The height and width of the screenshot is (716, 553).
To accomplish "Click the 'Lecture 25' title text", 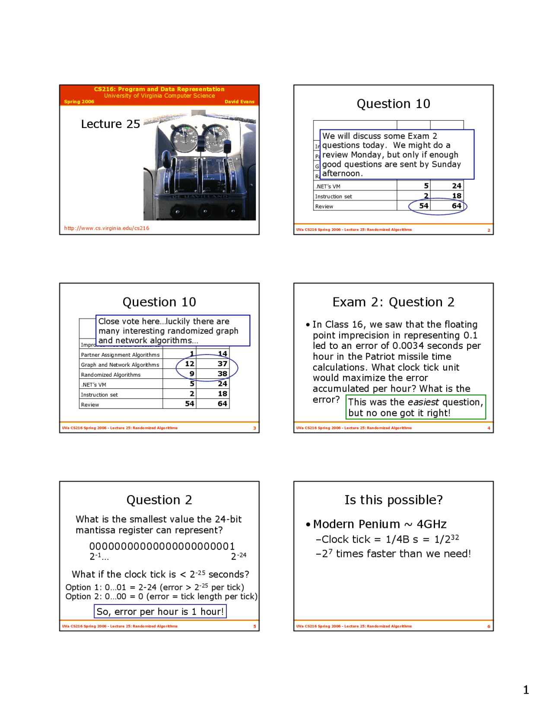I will tap(111, 124).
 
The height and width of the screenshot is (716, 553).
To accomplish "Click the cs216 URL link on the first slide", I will tap(107, 228).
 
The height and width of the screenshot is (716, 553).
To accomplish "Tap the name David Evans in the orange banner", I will tap(239, 102).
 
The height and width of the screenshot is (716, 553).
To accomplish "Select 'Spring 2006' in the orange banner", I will tap(79, 102).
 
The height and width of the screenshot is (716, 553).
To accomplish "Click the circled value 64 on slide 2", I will tap(456, 206).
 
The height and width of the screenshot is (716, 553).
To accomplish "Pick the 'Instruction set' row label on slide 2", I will tap(333, 196).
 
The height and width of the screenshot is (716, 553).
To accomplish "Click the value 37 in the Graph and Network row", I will tap(222, 364).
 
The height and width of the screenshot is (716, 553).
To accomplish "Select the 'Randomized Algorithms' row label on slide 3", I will tap(111, 375).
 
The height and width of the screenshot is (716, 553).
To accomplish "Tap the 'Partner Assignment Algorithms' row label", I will tap(120, 355).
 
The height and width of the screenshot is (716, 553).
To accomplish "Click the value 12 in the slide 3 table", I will tap(190, 364).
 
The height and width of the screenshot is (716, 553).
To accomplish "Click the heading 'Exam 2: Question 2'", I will tap(393, 302).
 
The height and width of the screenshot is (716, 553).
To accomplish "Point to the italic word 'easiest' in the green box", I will tap(423, 402).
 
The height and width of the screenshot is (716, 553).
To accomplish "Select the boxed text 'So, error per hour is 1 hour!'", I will tap(160, 611).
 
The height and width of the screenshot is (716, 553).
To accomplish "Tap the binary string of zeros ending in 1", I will tap(162, 546).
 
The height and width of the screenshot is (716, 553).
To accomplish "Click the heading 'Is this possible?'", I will tap(393, 500).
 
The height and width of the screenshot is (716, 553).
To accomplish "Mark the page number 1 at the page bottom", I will tap(526, 690).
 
